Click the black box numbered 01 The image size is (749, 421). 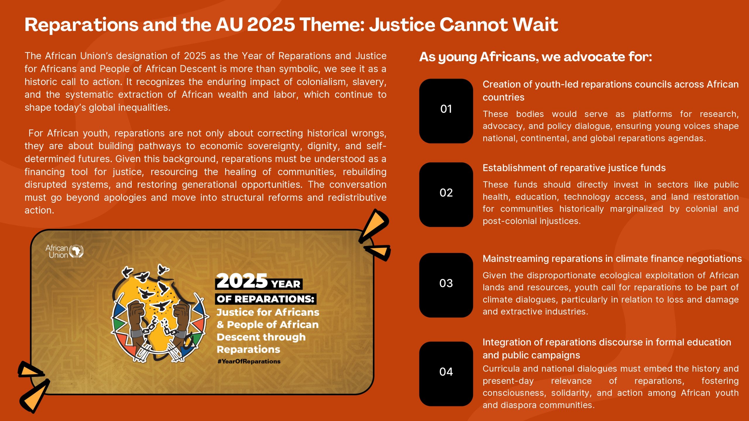click(x=446, y=111)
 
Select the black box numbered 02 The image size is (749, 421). click(x=446, y=194)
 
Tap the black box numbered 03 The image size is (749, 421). click(x=446, y=285)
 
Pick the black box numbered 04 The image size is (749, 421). click(x=446, y=374)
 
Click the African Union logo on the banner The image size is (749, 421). click(x=64, y=251)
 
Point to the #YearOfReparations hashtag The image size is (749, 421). click(x=249, y=361)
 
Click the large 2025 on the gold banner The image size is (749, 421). click(x=242, y=281)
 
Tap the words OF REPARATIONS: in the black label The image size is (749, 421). click(x=265, y=299)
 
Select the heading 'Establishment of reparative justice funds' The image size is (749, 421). click(x=574, y=168)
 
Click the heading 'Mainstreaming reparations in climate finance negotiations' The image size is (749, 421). click(x=612, y=259)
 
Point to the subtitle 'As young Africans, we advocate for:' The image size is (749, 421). click(x=535, y=57)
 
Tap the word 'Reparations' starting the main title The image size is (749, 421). click(x=81, y=25)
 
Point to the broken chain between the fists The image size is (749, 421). click(x=160, y=326)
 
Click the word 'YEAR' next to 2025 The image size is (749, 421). click(x=286, y=284)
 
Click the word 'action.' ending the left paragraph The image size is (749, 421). click(x=39, y=210)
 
